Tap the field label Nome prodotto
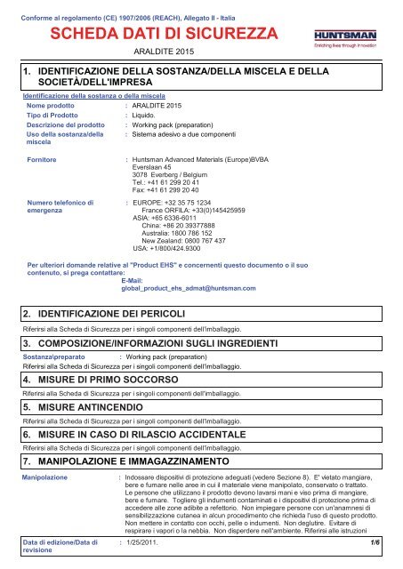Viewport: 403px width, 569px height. pos(50,105)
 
